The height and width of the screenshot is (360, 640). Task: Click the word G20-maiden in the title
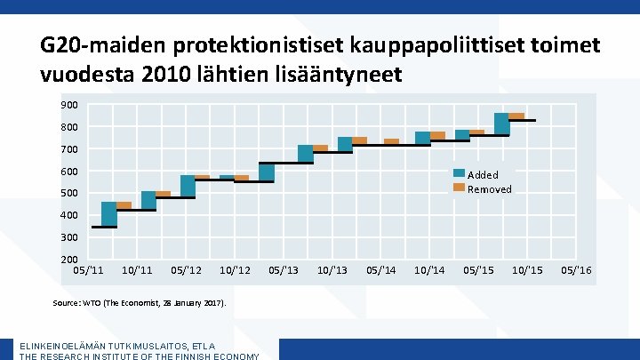[104, 45]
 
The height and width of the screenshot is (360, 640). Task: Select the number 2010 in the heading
[166, 74]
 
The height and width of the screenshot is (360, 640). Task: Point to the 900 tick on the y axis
[69, 105]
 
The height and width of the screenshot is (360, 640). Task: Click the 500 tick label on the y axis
[69, 193]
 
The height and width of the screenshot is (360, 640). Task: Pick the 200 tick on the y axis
[69, 260]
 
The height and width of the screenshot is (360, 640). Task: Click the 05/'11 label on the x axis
[88, 270]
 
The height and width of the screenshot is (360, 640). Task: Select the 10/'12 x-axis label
[235, 270]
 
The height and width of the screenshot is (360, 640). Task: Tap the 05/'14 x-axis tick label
[380, 270]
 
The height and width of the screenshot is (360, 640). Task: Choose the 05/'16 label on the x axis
[576, 270]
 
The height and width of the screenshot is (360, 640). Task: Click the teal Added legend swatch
[460, 173]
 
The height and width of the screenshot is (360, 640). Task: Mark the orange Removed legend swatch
[460, 188]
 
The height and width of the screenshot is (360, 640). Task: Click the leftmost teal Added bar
[109, 214]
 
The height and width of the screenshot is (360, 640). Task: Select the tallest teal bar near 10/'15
[501, 124]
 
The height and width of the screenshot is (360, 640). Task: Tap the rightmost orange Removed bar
[516, 116]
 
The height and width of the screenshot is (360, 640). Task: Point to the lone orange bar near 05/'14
[391, 141]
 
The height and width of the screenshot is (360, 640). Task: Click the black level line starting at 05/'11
[104, 227]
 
